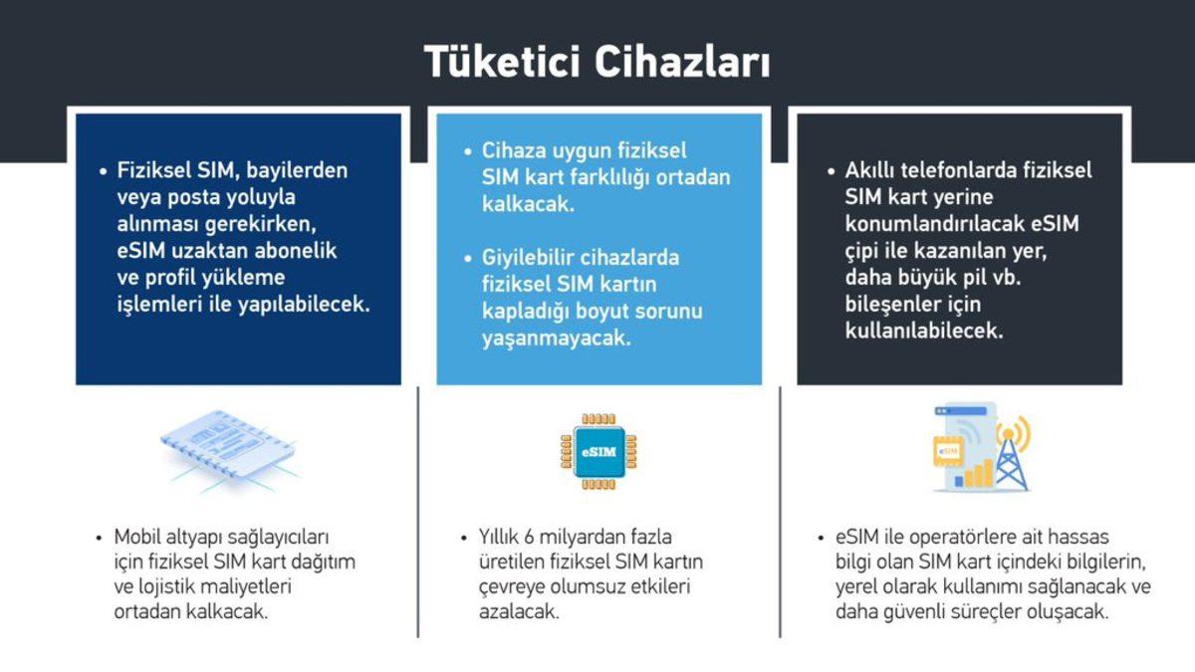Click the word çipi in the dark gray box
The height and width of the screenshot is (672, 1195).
click(x=864, y=251)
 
